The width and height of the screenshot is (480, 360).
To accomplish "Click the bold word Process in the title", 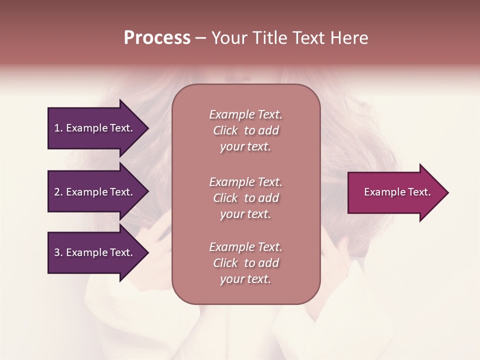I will click(157, 38).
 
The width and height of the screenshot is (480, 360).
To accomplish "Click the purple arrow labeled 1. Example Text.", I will click(95, 128).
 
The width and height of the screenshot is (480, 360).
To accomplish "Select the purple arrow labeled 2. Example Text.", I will click(95, 192).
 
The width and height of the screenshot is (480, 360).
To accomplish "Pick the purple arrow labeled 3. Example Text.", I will click(95, 252).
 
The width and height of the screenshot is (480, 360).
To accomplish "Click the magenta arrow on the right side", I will click(395, 192).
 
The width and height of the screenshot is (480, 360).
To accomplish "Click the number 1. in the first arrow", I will click(58, 128).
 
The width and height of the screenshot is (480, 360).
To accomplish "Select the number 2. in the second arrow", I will click(58, 192).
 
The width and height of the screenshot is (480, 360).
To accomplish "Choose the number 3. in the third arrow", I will click(58, 252).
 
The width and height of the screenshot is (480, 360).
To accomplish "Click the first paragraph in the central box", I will click(245, 130).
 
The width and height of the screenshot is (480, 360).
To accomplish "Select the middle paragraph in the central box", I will click(245, 197).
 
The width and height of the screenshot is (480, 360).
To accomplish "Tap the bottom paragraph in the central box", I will click(245, 263).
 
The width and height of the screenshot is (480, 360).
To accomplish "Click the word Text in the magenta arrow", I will click(419, 192).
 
